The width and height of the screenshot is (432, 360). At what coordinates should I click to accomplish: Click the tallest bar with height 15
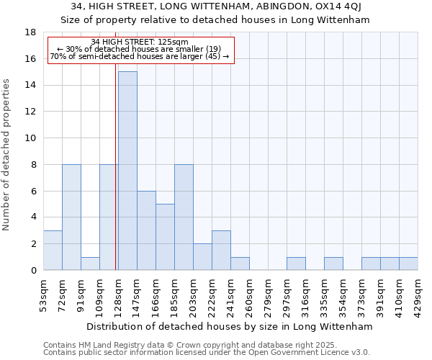pos(127,171)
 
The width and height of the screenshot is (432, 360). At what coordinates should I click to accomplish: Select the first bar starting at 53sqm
pos(53,251)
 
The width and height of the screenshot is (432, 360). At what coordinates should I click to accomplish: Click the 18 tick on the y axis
pos(32,32)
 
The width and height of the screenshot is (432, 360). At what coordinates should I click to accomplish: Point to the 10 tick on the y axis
pos(32,138)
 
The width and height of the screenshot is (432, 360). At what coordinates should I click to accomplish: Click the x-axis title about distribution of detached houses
pos(230,326)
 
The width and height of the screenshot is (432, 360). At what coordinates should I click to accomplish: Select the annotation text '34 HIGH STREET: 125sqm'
pos(140,42)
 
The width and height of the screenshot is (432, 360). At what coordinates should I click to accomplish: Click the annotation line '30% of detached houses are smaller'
pos(140,49)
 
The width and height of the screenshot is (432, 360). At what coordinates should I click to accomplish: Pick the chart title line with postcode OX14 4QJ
pos(216,6)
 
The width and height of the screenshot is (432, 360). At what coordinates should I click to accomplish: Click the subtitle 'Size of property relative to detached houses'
pos(216,20)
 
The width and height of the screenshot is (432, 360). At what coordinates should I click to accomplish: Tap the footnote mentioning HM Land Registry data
pos(186,345)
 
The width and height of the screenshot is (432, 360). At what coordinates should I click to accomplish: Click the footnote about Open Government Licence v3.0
pos(206,352)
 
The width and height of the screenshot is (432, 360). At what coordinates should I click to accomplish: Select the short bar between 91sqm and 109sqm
pos(90,264)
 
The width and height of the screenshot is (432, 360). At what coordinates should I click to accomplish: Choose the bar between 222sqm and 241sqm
pos(221,251)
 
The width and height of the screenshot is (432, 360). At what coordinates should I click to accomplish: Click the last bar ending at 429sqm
pos(408,264)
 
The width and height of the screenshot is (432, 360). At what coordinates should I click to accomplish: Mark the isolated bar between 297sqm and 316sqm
pos(296,264)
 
